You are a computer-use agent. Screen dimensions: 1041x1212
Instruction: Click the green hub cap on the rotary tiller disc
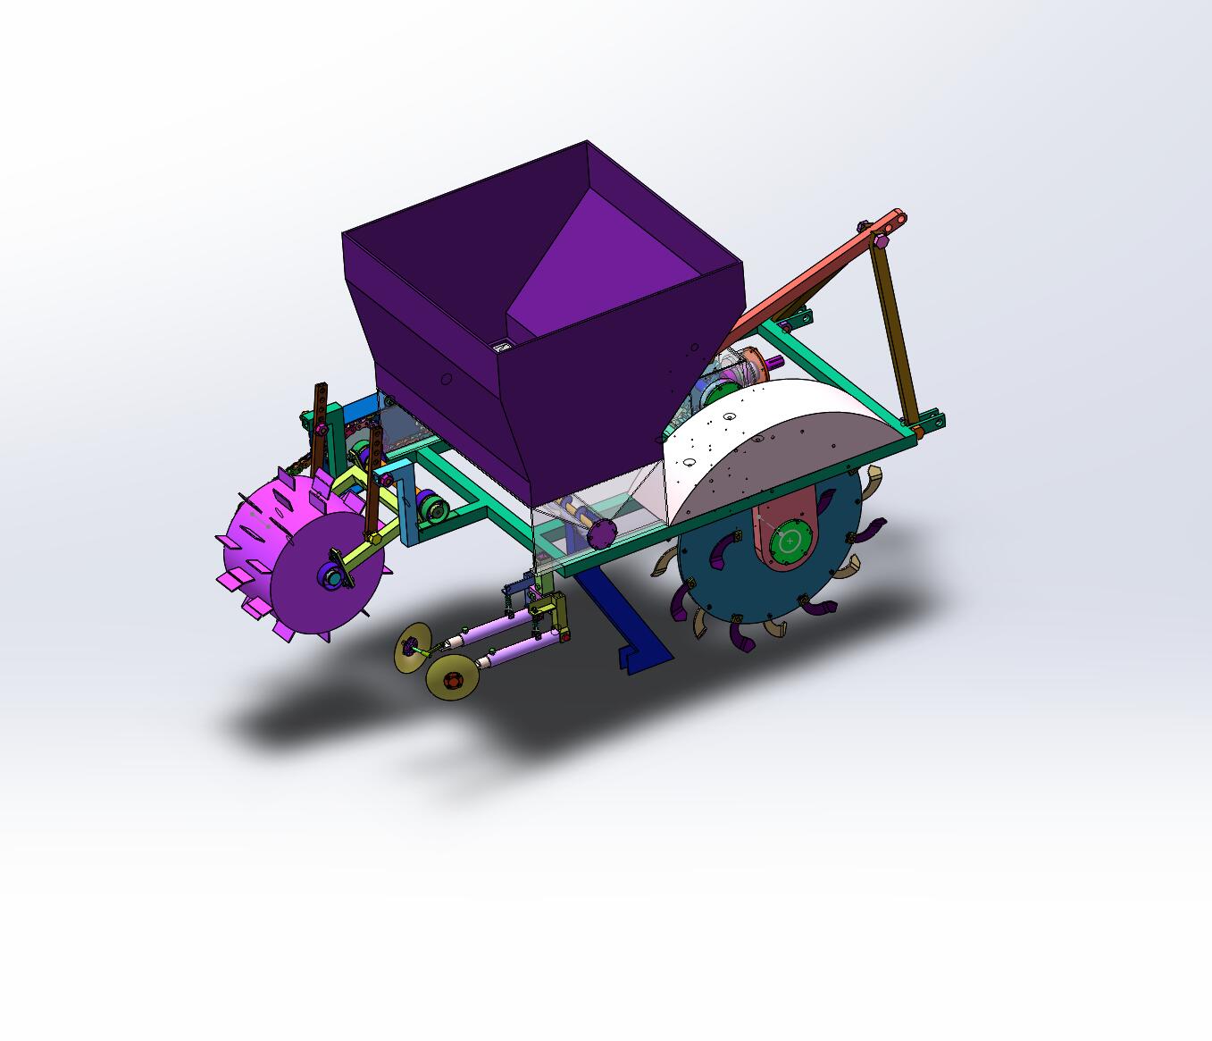[790, 541]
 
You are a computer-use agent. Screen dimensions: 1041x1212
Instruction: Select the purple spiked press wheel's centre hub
[333, 578]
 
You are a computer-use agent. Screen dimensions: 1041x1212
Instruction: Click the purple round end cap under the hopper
[602, 533]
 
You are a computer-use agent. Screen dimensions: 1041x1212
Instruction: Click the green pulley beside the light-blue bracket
[436, 510]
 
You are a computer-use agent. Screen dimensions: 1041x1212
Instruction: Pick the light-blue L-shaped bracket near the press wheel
[403, 500]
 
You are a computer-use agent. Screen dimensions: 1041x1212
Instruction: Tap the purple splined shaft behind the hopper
[773, 362]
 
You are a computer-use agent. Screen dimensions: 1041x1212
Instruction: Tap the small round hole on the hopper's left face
[447, 379]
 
